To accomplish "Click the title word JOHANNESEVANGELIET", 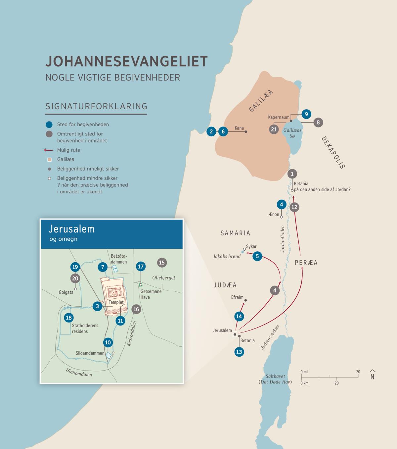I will coord(126,62).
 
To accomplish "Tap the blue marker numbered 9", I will coord(306,114).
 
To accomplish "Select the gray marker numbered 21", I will coord(274,129).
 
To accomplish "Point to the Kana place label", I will coord(239,128).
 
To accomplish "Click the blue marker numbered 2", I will coord(211,131).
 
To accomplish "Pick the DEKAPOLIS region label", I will coord(333,153).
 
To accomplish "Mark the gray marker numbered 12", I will coord(294,207).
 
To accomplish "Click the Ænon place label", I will coord(274,214).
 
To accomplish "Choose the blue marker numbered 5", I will coord(257,256).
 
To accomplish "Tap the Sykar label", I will coord(251,246).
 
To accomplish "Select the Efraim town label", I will coord(237,297).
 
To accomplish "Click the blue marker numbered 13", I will coord(239,352).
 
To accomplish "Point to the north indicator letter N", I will coord(372,376).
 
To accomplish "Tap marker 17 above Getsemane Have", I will coord(141,267).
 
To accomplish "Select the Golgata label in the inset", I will coord(66,292).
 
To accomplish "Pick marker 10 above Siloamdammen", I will coord(108,342).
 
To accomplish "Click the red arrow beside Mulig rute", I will coord(49,150).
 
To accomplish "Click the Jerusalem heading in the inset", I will coord(72,229).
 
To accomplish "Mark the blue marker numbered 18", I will coord(69,318).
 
